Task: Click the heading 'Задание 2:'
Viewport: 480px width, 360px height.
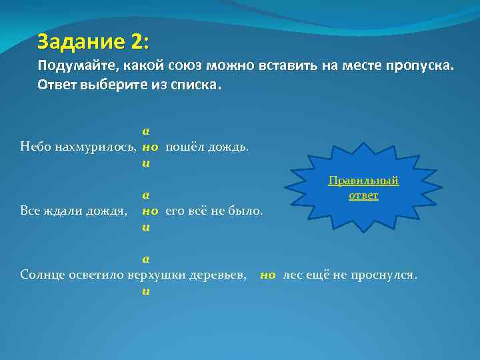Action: [x=93, y=42]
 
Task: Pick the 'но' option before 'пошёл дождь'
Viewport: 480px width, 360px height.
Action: [x=149, y=146]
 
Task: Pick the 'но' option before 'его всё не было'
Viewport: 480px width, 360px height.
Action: [x=149, y=211]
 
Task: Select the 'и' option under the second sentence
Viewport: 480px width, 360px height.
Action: [x=145, y=227]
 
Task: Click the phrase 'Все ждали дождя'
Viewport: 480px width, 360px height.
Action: [x=74, y=211]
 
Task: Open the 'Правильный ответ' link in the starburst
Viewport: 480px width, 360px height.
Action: [x=363, y=187]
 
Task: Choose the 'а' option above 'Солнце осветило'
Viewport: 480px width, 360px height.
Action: [x=145, y=259]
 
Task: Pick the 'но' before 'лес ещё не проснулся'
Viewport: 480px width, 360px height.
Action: [x=268, y=274]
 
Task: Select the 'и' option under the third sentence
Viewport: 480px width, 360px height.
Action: [x=145, y=291]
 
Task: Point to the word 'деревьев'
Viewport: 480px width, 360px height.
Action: [x=220, y=274]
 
